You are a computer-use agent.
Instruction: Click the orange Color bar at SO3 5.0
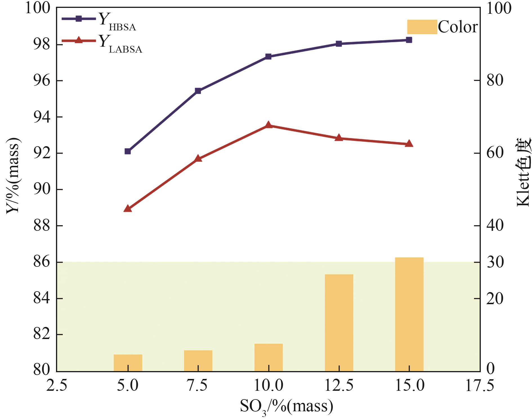tap(128, 363)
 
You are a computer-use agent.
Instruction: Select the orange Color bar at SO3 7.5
tap(198, 361)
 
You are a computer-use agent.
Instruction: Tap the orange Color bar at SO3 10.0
tap(268, 357)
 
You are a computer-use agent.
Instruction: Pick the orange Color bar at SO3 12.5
tap(339, 322)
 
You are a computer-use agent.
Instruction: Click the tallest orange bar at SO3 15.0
tap(409, 314)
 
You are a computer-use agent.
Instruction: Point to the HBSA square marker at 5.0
tap(128, 151)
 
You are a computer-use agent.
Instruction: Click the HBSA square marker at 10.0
tap(268, 57)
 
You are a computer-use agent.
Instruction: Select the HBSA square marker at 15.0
tap(409, 40)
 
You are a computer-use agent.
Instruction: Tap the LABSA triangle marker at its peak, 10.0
tap(268, 125)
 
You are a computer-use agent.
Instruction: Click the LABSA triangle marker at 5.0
tap(128, 209)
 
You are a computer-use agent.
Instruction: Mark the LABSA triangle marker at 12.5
tap(339, 138)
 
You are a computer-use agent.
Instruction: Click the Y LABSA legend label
tap(120, 44)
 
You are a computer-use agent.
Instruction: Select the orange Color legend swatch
tap(422, 27)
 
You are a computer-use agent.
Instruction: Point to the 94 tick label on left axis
tap(42, 117)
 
